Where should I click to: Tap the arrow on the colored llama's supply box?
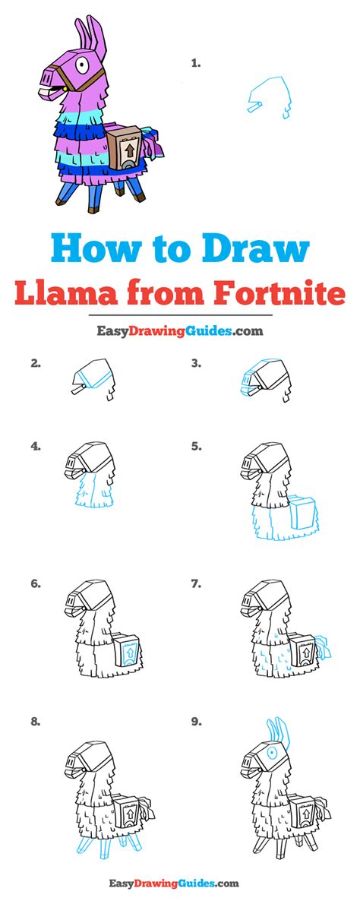click(x=130, y=150)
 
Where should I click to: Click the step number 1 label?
click(x=196, y=64)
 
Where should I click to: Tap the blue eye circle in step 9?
click(x=270, y=752)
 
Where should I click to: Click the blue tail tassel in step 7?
click(x=324, y=647)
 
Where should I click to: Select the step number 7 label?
click(x=196, y=584)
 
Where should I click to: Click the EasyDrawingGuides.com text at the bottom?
click(x=173, y=883)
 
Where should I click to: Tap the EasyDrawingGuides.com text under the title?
click(x=179, y=331)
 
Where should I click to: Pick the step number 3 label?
click(x=196, y=364)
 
